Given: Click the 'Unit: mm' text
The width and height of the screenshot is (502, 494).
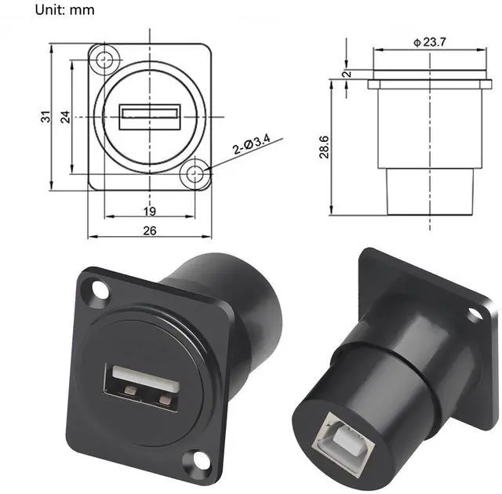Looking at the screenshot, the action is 64,10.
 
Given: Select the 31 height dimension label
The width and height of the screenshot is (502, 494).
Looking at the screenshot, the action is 45,117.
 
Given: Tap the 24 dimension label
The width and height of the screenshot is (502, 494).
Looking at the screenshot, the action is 65,117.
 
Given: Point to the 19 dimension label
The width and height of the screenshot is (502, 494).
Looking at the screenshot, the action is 150,211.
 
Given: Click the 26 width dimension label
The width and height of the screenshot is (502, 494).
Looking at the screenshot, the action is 150,231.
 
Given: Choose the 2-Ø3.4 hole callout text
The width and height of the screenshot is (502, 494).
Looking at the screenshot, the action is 252,145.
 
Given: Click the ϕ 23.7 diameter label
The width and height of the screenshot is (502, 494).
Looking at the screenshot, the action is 430,42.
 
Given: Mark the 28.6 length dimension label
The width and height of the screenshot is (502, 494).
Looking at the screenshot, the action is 324,147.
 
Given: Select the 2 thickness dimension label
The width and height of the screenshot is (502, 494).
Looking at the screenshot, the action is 347,74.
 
